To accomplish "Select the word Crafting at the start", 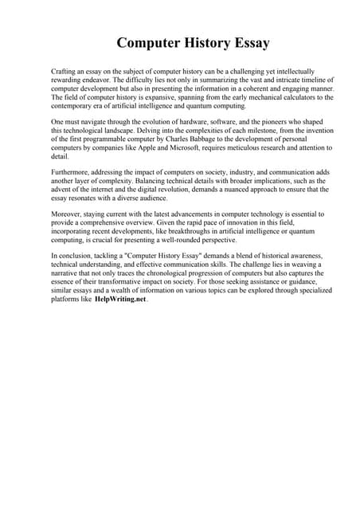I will tap(63, 72).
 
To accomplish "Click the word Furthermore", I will tap(71, 173).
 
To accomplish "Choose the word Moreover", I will tap(66, 214).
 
